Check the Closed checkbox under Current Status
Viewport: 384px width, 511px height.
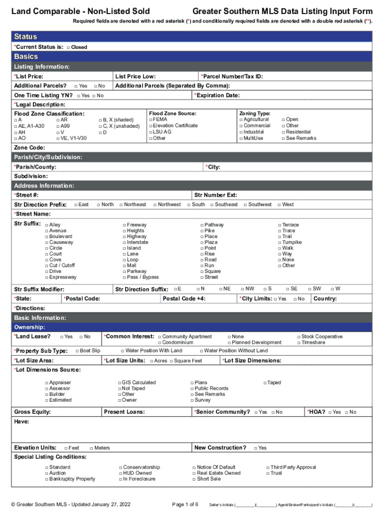pyautogui.click(x=68, y=47)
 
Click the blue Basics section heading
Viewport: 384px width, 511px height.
pyautogui.click(x=26, y=57)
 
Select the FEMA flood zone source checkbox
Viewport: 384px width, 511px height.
pyautogui.click(x=150, y=120)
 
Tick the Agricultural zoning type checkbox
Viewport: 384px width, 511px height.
pyautogui.click(x=241, y=120)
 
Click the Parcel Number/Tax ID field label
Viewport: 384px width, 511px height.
pyautogui.click(x=232, y=76)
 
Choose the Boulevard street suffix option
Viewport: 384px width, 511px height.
pyautogui.click(x=47, y=237)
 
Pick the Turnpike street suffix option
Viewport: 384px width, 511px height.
pyautogui.click(x=280, y=243)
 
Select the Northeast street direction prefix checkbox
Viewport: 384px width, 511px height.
pyautogui.click(x=121, y=205)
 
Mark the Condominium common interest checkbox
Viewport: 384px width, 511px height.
pyautogui.click(x=160, y=343)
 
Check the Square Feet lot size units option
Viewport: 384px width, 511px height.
pyautogui.click(x=171, y=361)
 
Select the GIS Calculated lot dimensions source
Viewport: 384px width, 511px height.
pyautogui.click(x=120, y=383)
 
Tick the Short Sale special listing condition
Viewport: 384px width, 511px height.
pyautogui.click(x=194, y=479)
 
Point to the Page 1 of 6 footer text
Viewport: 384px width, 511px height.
pyautogui.click(x=185, y=505)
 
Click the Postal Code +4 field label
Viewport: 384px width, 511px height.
pyautogui.click(x=184, y=298)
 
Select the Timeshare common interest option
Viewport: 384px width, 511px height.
pyautogui.click(x=299, y=343)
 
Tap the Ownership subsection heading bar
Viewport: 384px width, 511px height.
pyautogui.click(x=192, y=327)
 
